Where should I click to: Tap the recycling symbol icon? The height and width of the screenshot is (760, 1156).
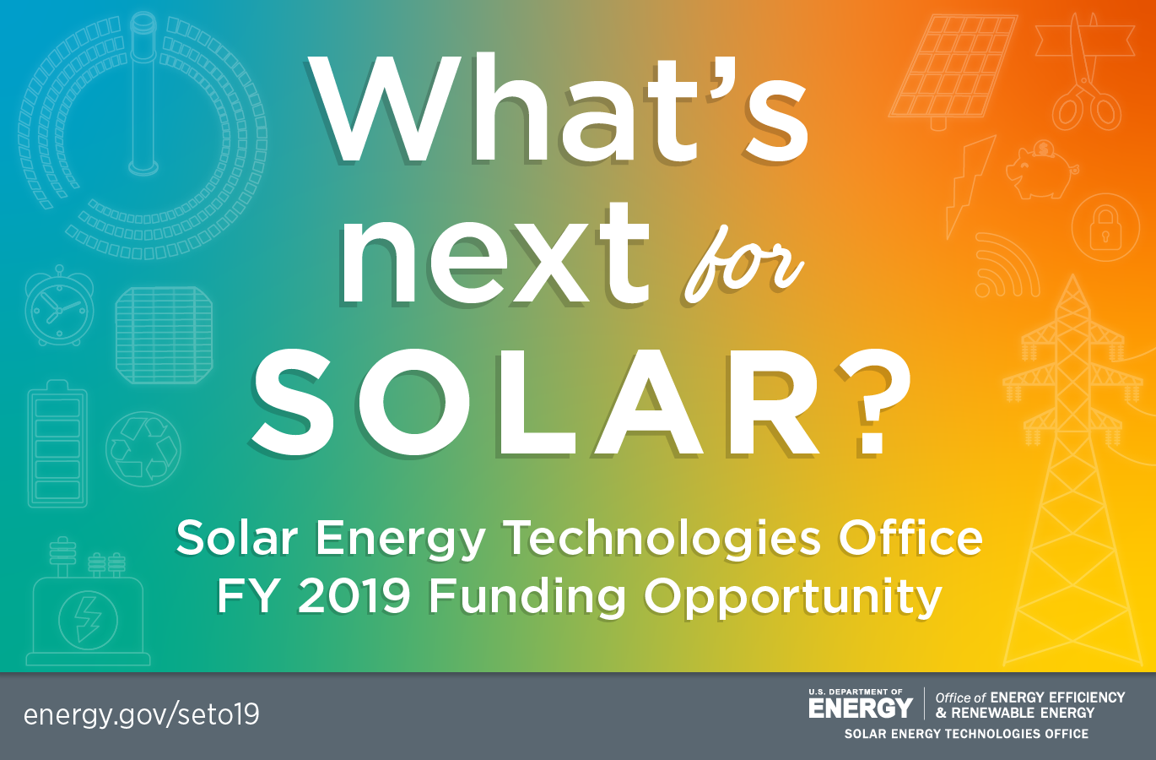tap(143, 448)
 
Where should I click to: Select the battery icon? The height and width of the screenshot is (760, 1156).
tap(57, 444)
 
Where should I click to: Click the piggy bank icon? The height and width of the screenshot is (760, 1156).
tap(1041, 170)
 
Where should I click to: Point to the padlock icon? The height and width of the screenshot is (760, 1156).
tap(1105, 227)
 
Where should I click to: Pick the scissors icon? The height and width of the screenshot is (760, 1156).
tap(1085, 73)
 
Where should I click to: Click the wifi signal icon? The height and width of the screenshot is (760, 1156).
tap(1007, 266)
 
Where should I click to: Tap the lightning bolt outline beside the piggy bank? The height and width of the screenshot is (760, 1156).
tap(970, 187)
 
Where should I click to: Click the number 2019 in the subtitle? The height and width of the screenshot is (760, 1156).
tap(354, 596)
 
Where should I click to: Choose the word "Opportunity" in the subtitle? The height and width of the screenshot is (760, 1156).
tap(792, 600)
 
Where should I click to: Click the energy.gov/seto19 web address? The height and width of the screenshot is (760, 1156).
tap(142, 715)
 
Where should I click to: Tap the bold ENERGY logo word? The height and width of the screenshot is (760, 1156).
tap(861, 708)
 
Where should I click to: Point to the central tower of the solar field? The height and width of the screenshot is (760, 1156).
tap(143, 93)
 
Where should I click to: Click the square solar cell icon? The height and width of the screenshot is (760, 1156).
tap(164, 335)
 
